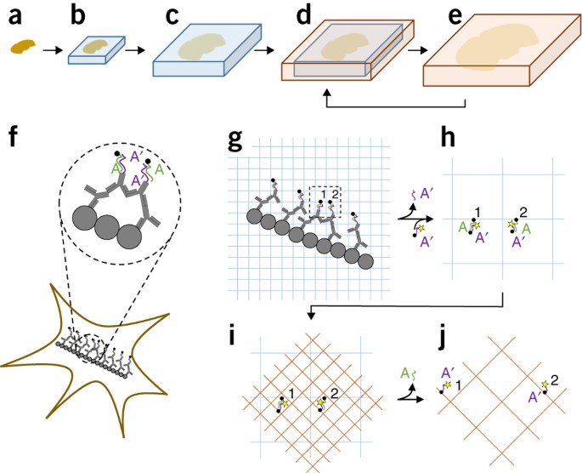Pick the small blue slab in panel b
[x=95, y=53]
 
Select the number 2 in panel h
[x=523, y=211]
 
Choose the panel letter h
[x=442, y=140]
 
